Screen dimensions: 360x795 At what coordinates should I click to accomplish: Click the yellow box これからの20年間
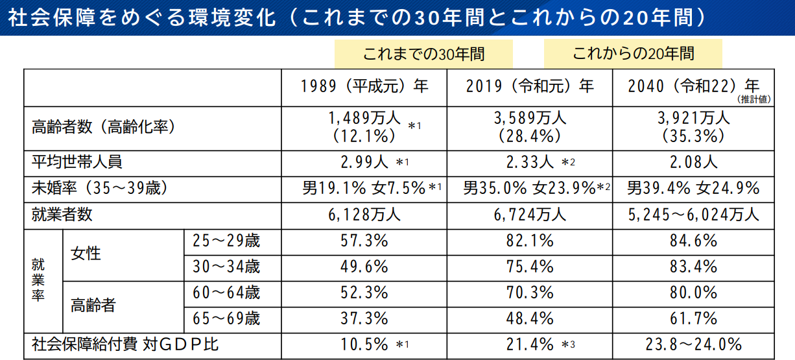point(632,54)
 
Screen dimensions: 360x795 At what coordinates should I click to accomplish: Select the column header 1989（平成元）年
point(364,86)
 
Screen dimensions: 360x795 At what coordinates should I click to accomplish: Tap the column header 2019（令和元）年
point(530,86)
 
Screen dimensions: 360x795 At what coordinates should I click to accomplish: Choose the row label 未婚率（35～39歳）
point(100,189)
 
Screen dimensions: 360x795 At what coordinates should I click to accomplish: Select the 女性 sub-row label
point(86,254)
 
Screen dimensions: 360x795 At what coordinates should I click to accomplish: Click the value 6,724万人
point(530,214)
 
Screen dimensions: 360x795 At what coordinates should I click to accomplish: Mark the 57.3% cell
point(364,241)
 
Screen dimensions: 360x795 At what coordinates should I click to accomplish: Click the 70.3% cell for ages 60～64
point(530,293)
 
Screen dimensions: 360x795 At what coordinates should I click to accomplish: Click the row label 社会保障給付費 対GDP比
point(125,344)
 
